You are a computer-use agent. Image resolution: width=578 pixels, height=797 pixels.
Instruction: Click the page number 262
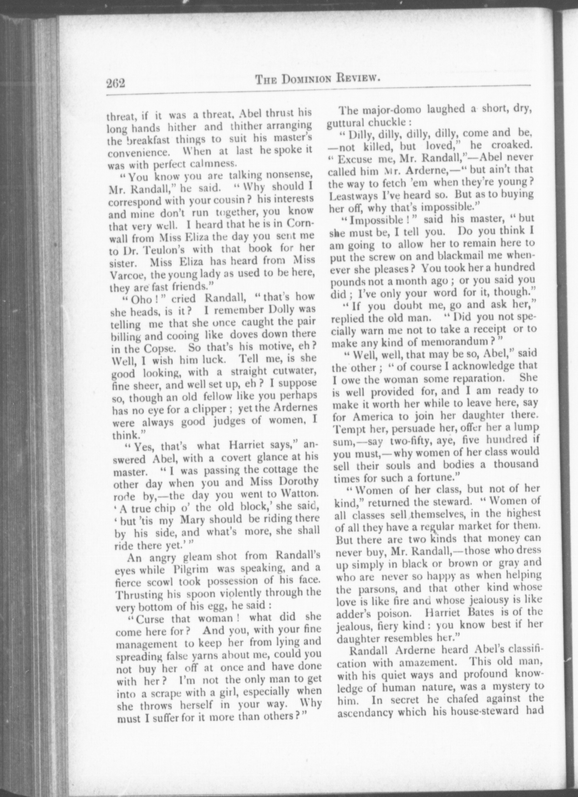click(x=116, y=84)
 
